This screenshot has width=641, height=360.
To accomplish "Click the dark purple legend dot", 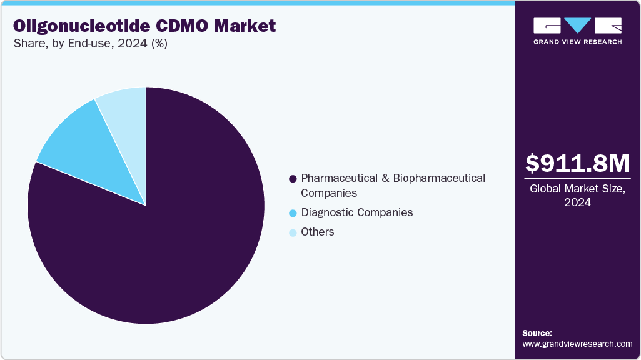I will [293, 179].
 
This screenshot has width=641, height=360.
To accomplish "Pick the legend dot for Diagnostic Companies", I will [293, 214].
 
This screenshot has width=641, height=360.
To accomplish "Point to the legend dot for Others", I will [293, 233].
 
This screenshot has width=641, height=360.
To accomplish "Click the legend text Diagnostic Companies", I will [357, 212].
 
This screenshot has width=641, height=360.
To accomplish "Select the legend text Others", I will [318, 232].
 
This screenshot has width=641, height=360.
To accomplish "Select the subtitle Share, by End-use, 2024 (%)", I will [90, 44].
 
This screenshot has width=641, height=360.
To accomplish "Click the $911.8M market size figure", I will [577, 164].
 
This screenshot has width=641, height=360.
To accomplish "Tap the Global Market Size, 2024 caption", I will [577, 195].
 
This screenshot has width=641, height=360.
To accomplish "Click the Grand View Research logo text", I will [577, 42].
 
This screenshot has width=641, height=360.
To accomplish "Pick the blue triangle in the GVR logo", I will [577, 26].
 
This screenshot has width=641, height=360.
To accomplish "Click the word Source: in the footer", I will [537, 333].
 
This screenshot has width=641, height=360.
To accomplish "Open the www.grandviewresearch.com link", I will [577, 344].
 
